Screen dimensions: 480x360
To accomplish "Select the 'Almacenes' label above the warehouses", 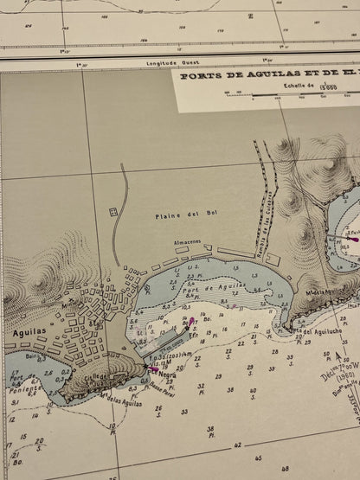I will click(188, 243).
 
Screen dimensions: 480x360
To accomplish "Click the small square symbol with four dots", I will click(112, 212).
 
